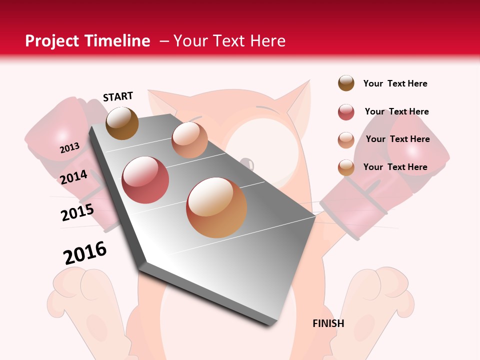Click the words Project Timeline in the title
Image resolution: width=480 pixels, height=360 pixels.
87,41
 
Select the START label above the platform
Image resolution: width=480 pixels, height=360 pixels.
118,96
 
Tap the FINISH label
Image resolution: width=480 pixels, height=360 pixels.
328,323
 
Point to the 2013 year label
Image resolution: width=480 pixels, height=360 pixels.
69,148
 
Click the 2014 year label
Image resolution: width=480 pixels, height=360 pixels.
73,177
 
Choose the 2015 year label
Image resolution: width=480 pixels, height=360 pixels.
77,212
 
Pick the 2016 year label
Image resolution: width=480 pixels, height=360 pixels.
85,253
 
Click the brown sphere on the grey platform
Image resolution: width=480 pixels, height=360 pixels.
122,123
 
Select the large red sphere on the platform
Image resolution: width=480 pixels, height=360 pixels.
145,180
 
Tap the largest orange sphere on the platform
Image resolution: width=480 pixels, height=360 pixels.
216,207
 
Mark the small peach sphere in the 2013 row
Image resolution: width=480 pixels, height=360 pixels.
189,140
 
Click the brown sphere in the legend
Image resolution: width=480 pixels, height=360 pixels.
346,83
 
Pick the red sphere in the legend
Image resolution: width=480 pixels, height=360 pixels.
346,112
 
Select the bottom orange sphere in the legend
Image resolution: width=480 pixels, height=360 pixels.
346,167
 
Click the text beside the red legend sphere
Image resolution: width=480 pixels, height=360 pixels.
396,111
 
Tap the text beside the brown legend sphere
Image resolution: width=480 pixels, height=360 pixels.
395,83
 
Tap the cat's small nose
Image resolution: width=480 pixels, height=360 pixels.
247,163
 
